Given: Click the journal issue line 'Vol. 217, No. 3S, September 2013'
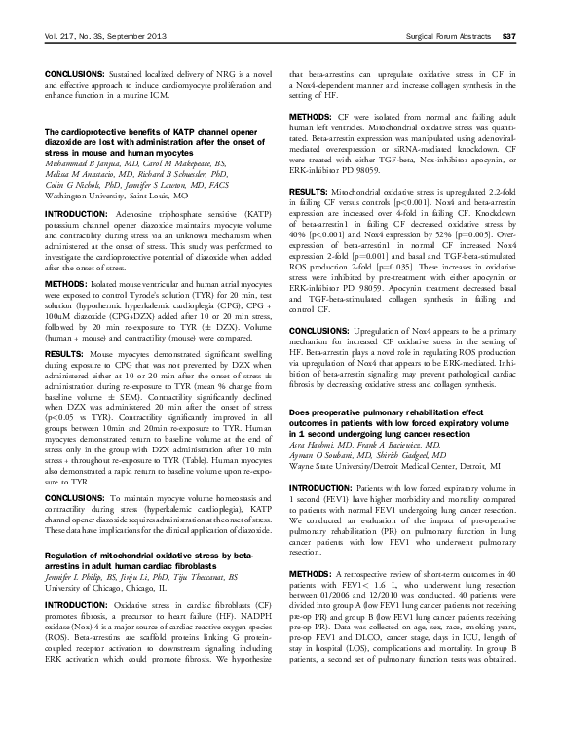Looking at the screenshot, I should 102,36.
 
